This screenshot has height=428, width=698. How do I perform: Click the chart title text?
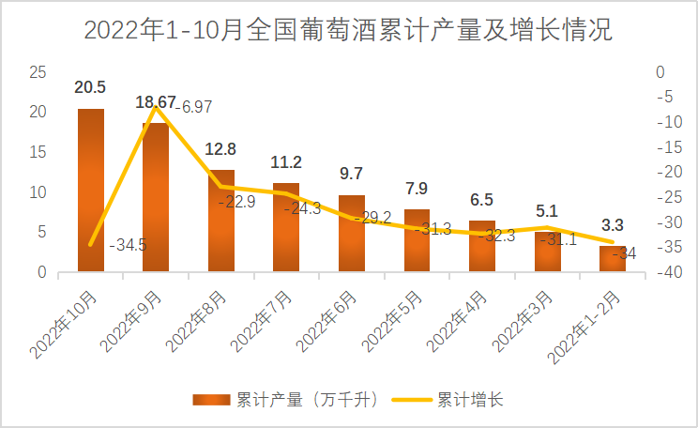coord(348,30)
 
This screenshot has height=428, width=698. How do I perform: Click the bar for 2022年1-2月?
coord(613,259)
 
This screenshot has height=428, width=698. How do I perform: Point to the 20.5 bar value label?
coord(90,88)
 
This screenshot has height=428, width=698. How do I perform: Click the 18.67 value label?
coord(156,102)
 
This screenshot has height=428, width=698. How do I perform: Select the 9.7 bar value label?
coord(351,175)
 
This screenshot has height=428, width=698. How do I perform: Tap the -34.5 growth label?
coord(127,246)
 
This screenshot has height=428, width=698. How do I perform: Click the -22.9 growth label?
coord(236,202)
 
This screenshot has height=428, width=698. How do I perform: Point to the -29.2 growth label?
coord(367,217)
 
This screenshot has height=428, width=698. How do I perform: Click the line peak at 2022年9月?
coord(156,107)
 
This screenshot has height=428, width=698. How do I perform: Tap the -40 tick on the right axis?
coord(662,273)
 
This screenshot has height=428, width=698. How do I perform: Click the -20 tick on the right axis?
coord(662,173)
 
